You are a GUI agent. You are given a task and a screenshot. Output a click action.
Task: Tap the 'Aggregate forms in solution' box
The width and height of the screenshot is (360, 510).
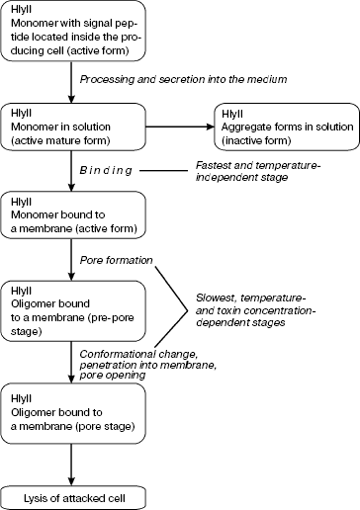pos(283,125)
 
